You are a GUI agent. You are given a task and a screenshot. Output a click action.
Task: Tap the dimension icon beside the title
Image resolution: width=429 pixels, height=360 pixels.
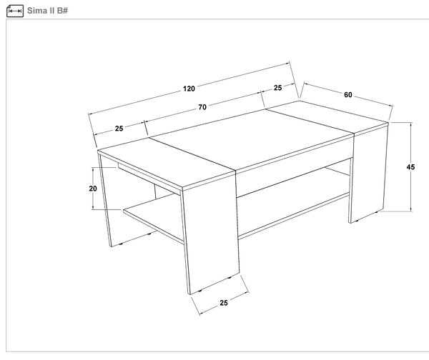[15, 11]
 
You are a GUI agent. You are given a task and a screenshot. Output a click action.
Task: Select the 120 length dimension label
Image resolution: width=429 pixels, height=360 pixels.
[189, 89]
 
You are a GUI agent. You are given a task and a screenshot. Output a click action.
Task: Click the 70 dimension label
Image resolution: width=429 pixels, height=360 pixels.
[202, 107]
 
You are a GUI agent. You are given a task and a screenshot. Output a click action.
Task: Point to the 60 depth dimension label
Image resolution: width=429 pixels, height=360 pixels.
[347, 95]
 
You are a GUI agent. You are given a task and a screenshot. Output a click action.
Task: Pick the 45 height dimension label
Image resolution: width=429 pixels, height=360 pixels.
[410, 166]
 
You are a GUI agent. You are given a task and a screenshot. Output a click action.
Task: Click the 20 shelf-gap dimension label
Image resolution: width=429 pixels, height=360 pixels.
[93, 189]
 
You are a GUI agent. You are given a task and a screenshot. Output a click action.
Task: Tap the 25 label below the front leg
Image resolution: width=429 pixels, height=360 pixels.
[224, 303]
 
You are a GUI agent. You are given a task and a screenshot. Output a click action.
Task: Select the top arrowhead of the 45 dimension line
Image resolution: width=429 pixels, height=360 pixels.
[410, 124]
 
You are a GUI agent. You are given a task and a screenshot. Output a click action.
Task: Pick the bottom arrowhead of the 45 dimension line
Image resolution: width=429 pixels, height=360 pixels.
[410, 209]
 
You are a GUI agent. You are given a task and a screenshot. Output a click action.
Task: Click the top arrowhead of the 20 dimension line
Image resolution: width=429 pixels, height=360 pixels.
[93, 169]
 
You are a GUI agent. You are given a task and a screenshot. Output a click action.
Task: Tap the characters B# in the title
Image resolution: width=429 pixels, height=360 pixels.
[62, 11]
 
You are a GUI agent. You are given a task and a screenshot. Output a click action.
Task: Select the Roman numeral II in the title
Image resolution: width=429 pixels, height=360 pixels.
[52, 11]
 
